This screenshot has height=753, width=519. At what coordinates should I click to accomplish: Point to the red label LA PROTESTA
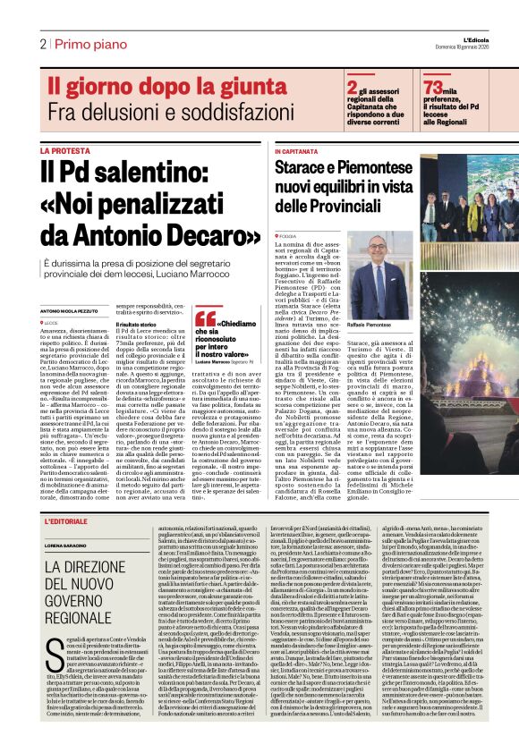click(x=64, y=151)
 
